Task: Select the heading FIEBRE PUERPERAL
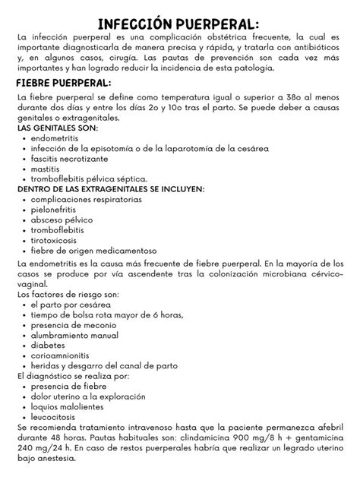[64, 82]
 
